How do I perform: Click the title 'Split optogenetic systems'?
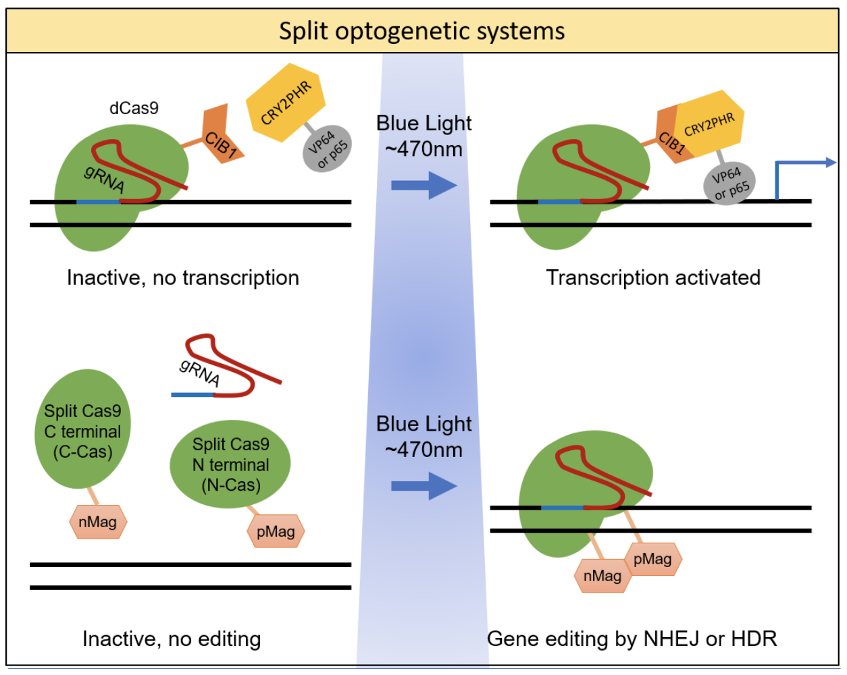[x=422, y=31]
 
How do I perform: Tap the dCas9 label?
[x=134, y=108]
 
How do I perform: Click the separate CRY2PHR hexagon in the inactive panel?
[x=286, y=103]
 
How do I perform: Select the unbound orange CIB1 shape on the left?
[x=220, y=136]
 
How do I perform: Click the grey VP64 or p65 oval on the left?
[x=328, y=148]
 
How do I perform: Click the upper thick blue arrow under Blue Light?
[x=423, y=185]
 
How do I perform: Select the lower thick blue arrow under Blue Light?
[x=423, y=486]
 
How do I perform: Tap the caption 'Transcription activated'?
[x=653, y=277]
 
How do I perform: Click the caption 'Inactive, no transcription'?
[x=182, y=277]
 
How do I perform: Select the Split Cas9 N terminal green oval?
[x=230, y=464]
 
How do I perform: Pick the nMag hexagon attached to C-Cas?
[x=98, y=522]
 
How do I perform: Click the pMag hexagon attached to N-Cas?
[x=276, y=531]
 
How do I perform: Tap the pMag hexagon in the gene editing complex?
[x=652, y=559]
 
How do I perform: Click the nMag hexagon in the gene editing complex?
[x=602, y=576]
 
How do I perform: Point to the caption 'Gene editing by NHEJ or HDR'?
[x=632, y=639]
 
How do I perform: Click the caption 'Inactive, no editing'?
[x=172, y=639]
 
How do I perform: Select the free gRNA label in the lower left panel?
[x=199, y=372]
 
